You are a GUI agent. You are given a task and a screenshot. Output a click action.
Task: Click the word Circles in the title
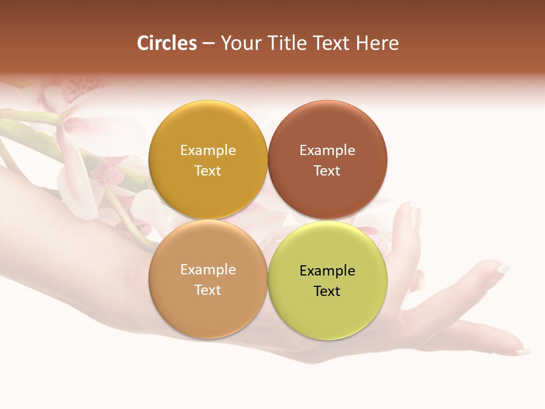tap(166, 43)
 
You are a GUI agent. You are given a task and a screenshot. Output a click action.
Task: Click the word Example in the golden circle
tap(208, 150)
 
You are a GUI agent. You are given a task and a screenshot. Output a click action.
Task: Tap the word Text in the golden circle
tap(208, 170)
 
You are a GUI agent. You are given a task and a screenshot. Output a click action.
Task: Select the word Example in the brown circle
tap(327, 150)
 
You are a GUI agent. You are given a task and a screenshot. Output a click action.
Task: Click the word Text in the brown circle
tap(327, 170)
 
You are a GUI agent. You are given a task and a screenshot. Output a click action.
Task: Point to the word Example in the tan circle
tap(208, 269)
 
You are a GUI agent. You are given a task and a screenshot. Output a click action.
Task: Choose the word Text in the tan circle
tap(208, 290)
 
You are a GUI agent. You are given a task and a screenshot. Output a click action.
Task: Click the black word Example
tap(327, 270)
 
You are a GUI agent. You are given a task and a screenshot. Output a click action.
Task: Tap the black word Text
tap(327, 291)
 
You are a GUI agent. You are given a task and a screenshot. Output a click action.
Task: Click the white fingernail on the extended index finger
tap(504, 268)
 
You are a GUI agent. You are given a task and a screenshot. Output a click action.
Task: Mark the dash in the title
tap(208, 44)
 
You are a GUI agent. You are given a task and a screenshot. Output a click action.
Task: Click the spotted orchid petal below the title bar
tap(79, 91)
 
